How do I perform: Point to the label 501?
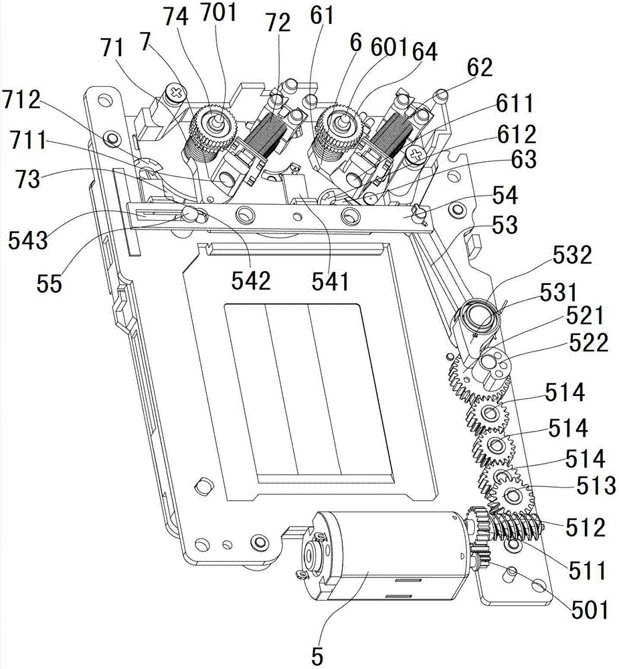pyautogui.click(x=589, y=610)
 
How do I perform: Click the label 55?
pyautogui.click(x=48, y=284)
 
